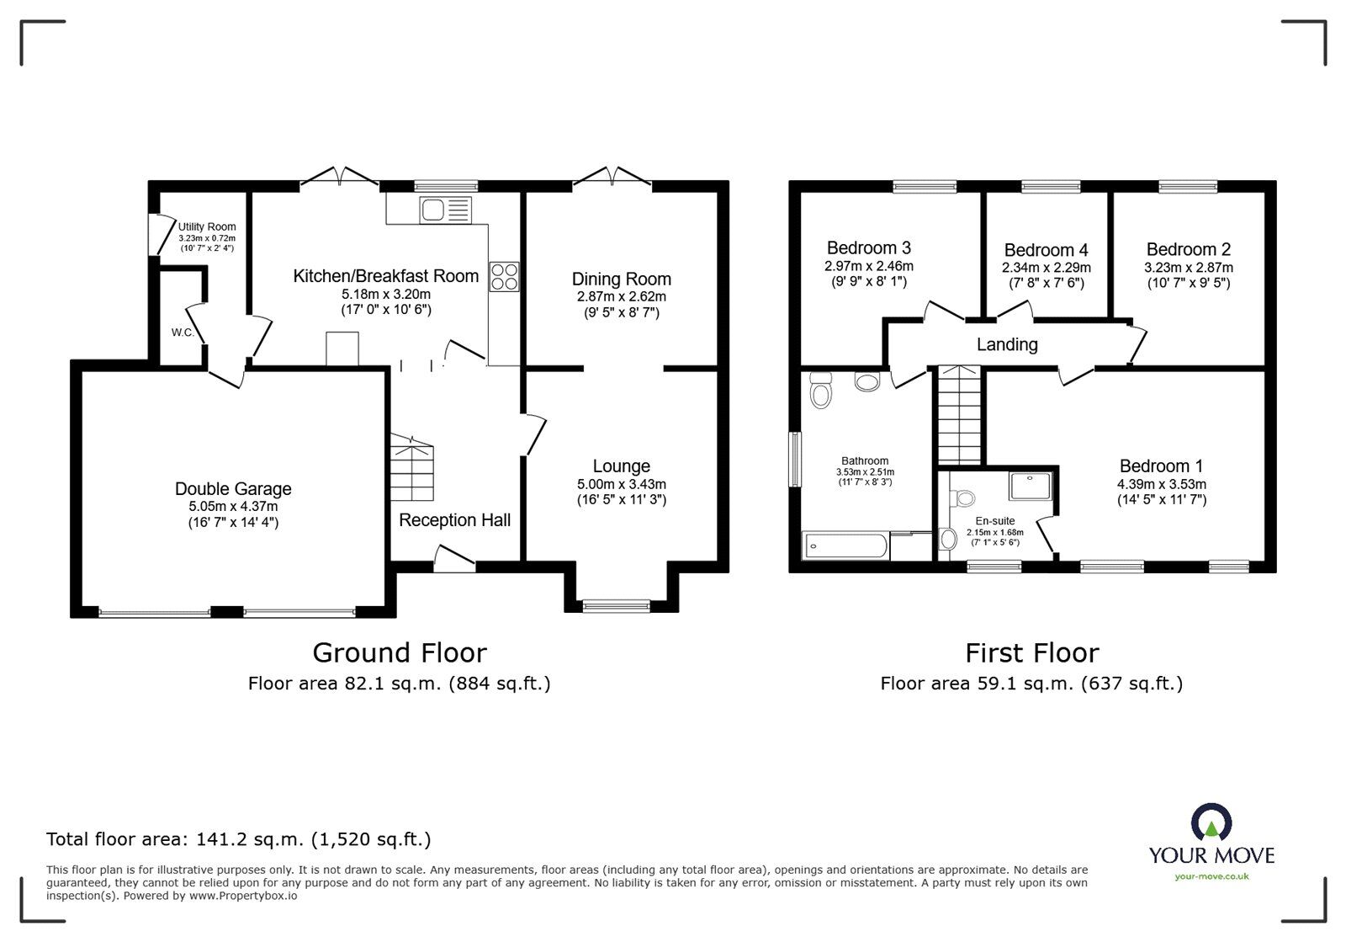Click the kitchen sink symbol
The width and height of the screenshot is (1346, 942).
click(446, 210)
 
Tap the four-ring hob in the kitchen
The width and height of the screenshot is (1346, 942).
click(505, 277)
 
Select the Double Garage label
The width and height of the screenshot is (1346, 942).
click(233, 489)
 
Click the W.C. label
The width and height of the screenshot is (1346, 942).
click(183, 333)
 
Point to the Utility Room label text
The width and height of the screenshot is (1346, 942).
click(207, 226)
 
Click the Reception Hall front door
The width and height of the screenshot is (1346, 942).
click(455, 560)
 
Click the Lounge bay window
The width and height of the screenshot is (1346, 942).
click(617, 604)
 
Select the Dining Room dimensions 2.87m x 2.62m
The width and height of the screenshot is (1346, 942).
click(621, 296)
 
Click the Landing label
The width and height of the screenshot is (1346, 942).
click(1007, 344)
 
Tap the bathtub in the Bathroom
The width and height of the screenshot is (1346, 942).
click(845, 546)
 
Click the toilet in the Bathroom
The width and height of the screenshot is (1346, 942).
click(820, 390)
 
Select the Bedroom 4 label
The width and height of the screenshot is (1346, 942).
click(1046, 250)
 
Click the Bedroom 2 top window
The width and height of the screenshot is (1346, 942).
click(1187, 187)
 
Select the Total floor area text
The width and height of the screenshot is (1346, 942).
click(238, 839)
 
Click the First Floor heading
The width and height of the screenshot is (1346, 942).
click(1031, 653)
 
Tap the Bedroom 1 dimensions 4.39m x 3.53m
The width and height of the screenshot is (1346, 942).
click(1161, 484)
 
